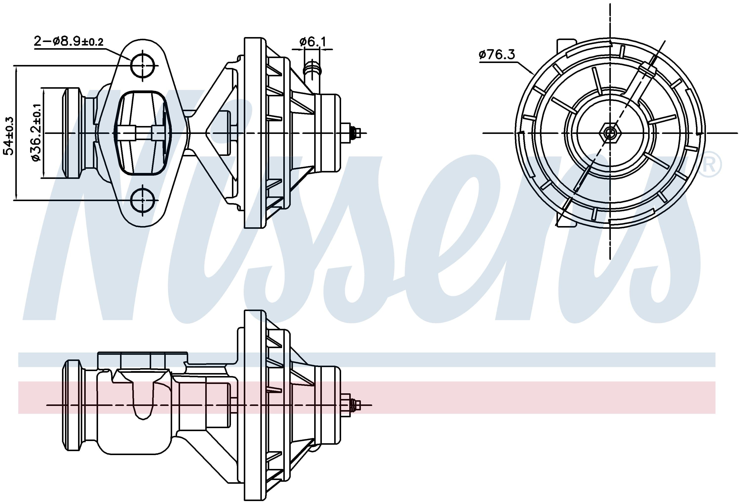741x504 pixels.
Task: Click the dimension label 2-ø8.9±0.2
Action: [69, 42]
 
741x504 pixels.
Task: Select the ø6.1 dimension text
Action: [312, 42]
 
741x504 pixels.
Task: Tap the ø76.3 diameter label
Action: [496, 55]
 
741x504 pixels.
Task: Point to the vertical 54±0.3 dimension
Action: [9, 136]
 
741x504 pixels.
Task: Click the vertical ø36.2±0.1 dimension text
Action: [36, 132]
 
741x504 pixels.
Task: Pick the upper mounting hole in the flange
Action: [142, 66]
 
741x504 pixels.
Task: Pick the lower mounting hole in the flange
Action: [142, 200]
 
